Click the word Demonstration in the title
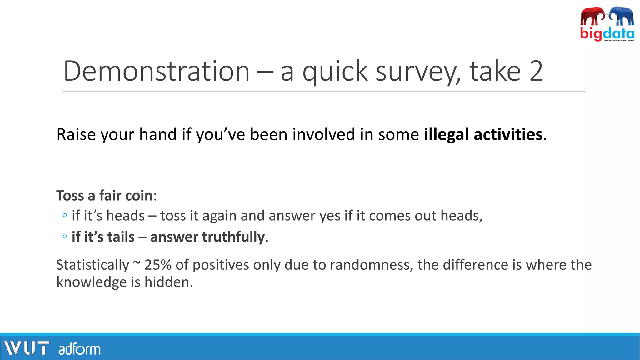157,71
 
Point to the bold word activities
508,134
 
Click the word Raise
76,134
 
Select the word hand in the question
158,134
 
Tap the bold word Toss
70,196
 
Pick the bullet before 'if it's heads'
65,215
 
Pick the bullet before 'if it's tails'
65,237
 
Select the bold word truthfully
207,237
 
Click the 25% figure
158,265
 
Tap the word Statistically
92,265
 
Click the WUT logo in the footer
27,348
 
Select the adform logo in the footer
79,349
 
